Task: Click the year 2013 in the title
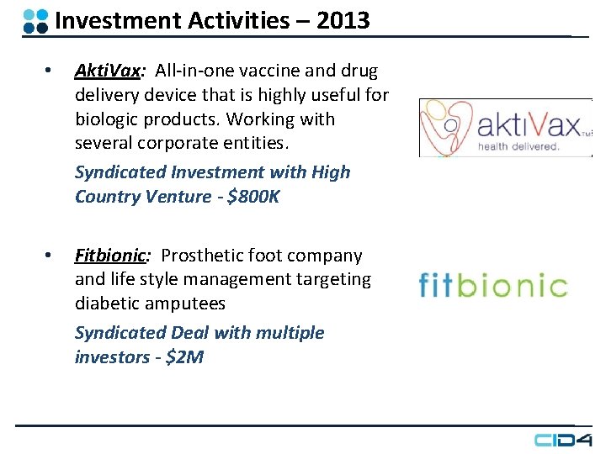pos(343,20)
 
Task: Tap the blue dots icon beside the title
pos(35,21)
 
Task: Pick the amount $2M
pos(184,357)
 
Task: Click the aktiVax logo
pos(505,127)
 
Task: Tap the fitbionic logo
pos(493,285)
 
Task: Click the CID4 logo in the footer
pos(563,440)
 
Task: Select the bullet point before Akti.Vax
pos(49,71)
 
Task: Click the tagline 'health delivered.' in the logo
pos(518,146)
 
